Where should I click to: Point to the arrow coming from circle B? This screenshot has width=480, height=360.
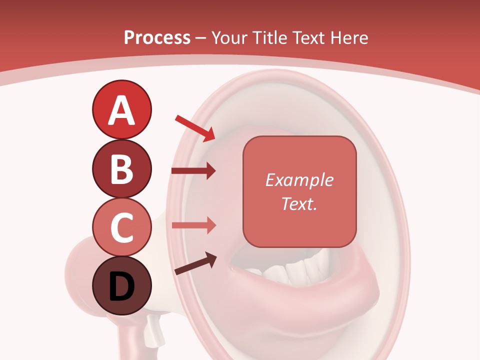pyautogui.click(x=193, y=171)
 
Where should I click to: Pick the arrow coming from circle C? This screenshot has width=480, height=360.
pyautogui.click(x=193, y=225)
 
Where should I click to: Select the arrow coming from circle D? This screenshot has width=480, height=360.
pyautogui.click(x=195, y=264)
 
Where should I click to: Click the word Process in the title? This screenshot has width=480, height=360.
pyautogui.click(x=157, y=37)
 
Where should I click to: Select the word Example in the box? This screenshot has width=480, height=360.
pyautogui.click(x=299, y=180)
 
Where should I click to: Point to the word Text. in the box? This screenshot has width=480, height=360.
pyautogui.click(x=299, y=203)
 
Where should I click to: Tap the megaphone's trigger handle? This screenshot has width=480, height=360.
pyautogui.click(x=152, y=330)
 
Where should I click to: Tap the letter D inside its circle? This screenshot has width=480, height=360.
pyautogui.click(x=121, y=287)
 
